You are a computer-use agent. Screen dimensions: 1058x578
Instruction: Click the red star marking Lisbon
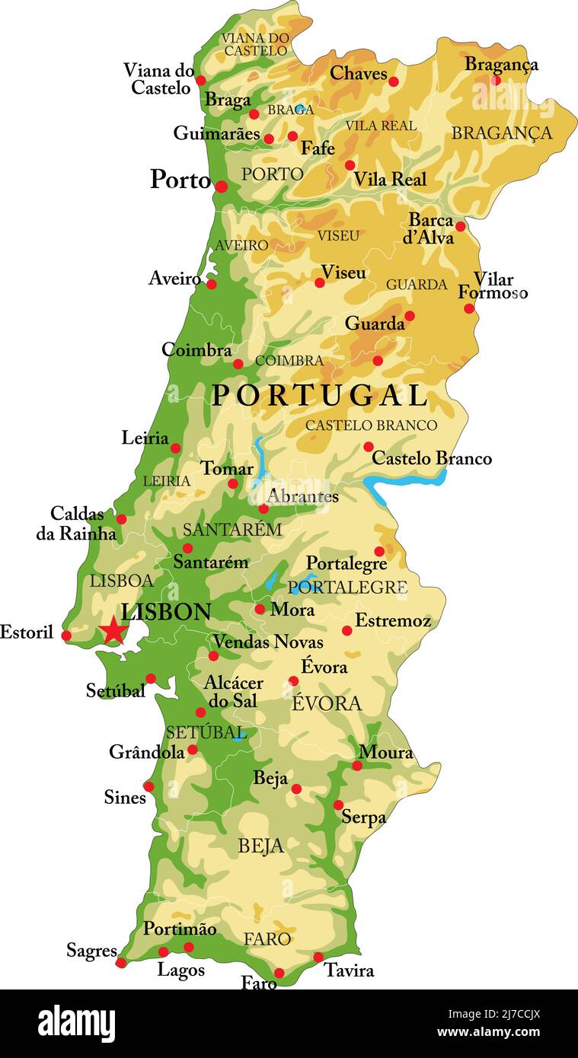[x=113, y=630]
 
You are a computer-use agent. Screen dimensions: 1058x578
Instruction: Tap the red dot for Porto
[x=221, y=186]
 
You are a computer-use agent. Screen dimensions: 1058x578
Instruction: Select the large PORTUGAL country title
[x=319, y=396]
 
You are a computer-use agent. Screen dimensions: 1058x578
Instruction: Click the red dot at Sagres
[x=121, y=963]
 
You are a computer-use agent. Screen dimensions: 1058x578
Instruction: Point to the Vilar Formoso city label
[x=493, y=286]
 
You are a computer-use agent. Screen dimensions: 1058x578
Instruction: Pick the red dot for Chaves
[x=393, y=81]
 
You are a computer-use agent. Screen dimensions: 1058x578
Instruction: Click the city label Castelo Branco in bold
[x=431, y=458]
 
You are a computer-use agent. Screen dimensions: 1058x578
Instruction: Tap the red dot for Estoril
[x=66, y=636]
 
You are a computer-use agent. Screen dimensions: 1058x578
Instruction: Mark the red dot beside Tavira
[x=318, y=957]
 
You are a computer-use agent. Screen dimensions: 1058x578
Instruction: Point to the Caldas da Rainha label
[x=76, y=523]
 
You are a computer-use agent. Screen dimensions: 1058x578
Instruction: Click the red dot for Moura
[x=357, y=765]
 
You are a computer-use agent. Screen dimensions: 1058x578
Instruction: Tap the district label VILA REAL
[x=381, y=126]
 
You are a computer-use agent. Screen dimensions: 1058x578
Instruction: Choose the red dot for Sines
[x=148, y=786]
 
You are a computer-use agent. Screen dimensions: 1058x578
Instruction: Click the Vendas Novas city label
[x=267, y=642]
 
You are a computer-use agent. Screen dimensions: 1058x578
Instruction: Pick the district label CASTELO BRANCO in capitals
[x=371, y=425]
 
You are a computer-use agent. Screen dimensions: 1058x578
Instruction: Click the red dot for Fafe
[x=292, y=136]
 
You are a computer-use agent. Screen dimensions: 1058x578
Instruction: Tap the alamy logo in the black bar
[x=76, y=1024]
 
